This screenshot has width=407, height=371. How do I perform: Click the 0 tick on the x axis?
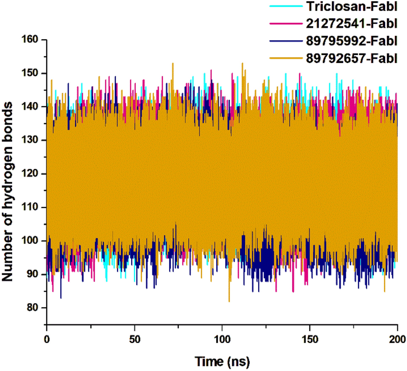point(47,339)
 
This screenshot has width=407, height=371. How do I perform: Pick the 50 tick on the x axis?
point(135,339)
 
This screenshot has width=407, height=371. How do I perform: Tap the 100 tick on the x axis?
point(222,339)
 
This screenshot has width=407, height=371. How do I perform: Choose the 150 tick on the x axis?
point(310,339)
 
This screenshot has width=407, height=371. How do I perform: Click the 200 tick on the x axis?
point(397,339)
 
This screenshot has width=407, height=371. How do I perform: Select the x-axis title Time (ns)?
point(222,361)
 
